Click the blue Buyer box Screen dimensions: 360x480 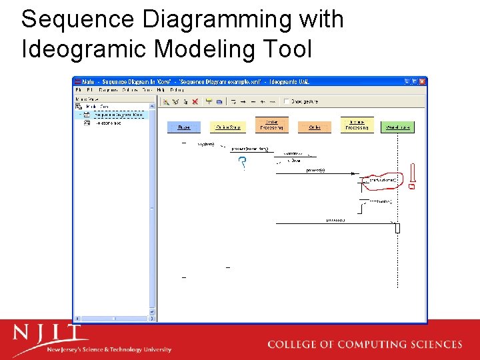pos(183,127)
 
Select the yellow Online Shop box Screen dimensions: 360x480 pos(228,127)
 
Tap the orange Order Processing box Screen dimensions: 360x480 pos(271,125)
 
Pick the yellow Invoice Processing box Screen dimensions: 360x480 pos(357,125)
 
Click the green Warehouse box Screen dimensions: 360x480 pos(396,127)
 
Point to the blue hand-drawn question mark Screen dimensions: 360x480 pos(242,163)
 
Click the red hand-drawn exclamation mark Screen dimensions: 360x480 pos(413,177)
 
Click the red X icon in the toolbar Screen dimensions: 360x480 pos(195,102)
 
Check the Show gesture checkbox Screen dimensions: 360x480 pos(287,102)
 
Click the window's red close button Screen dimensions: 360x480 pos(422,81)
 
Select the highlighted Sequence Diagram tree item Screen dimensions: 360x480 pos(118,115)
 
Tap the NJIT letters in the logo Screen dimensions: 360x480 pos(50,333)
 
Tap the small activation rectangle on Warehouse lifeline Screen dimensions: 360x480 pos(397,228)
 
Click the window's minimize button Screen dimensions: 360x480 pos(407,81)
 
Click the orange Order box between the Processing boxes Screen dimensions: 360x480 pos(315,127)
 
